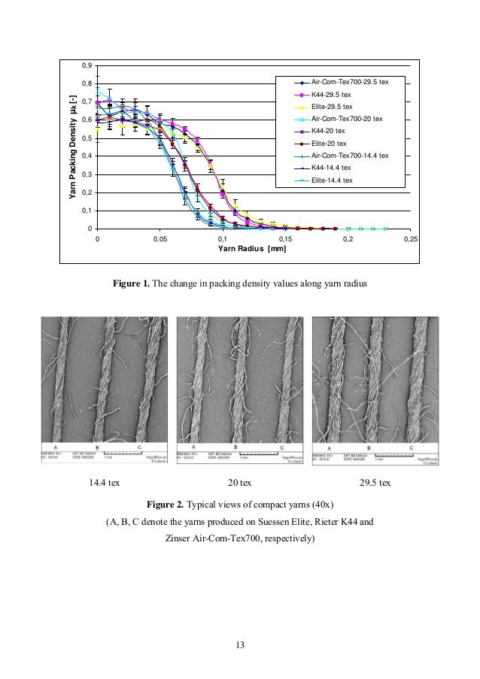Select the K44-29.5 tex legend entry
pyautogui.click(x=331, y=95)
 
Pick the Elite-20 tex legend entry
pyautogui.click(x=330, y=143)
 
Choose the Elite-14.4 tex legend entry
pyautogui.click(x=332, y=180)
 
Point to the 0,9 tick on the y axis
pyautogui.click(x=87, y=65)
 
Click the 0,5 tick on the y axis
pyautogui.click(x=87, y=138)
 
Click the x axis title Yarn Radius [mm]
pyautogui.click(x=252, y=248)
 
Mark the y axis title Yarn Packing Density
pyautogui.click(x=73, y=147)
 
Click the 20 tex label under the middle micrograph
pyautogui.click(x=240, y=482)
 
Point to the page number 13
pyautogui.click(x=240, y=644)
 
